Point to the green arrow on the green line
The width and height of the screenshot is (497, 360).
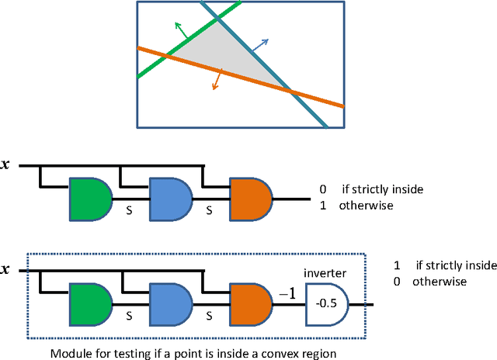click(180, 31)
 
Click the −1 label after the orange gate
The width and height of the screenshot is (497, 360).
click(287, 292)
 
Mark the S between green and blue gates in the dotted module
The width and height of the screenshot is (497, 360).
click(129, 315)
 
